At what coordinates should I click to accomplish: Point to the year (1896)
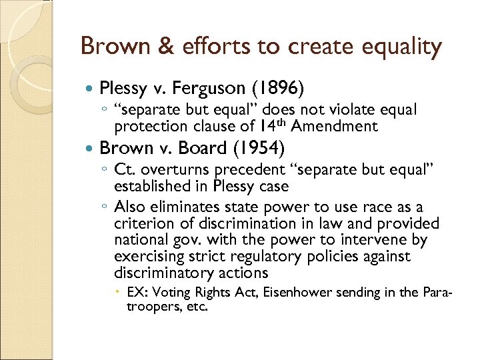(x=282, y=87)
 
